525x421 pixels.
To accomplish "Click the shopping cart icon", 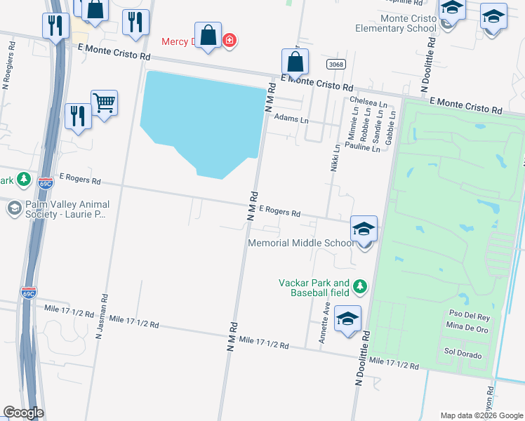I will pos(104,103).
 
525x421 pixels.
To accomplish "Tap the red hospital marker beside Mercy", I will pos(229,41).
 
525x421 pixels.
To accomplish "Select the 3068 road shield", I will pos(336,65).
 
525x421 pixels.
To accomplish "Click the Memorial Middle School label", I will pos(301,243).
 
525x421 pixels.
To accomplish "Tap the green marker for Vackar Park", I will pos(360,286).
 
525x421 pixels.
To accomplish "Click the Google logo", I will pos(23,413).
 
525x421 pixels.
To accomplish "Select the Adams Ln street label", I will pos(291,120).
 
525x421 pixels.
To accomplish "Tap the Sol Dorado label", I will pos(463,355).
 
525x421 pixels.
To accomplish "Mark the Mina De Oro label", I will pos(464,326).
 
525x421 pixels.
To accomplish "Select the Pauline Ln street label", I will pos(362,148).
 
